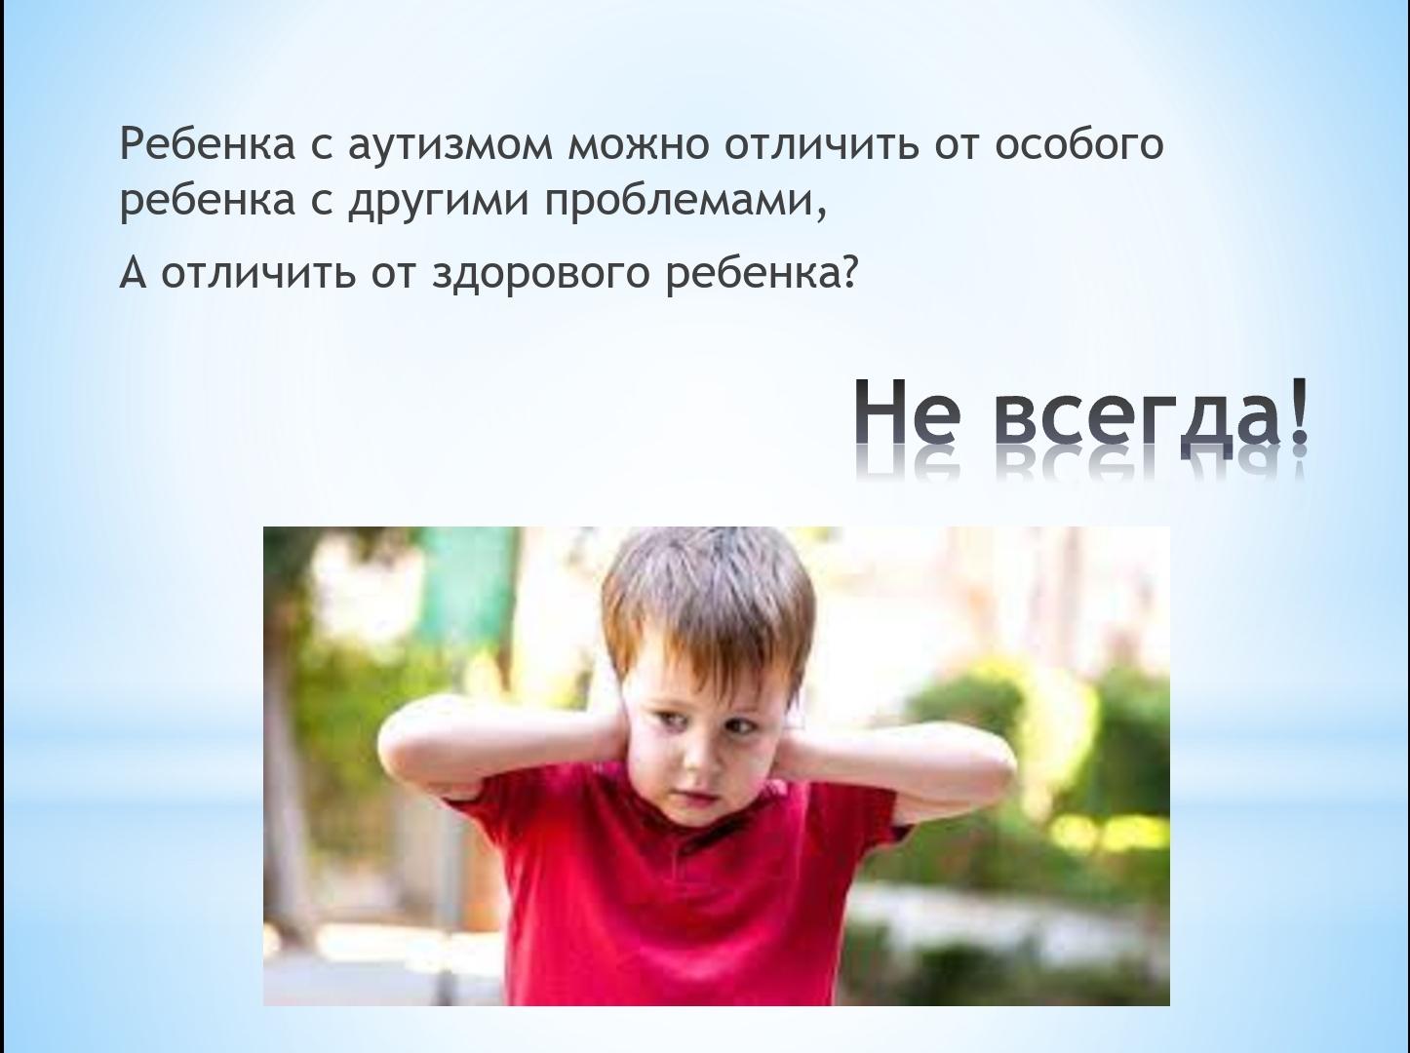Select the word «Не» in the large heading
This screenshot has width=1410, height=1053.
(909, 416)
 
